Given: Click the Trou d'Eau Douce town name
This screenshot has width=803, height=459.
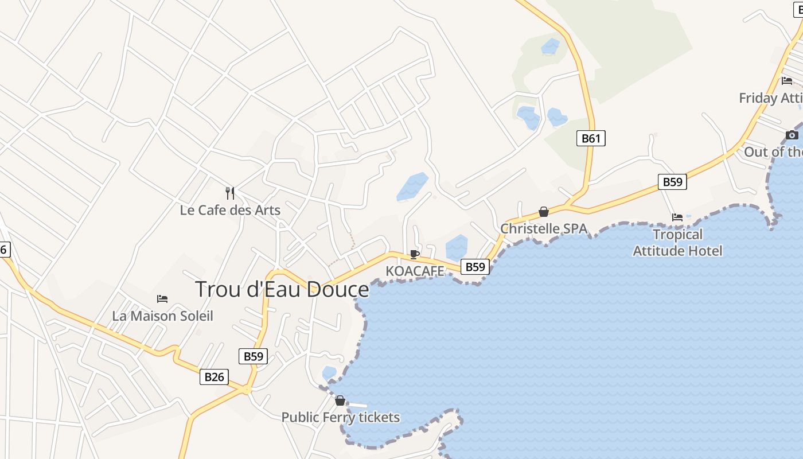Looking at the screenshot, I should pos(282,289).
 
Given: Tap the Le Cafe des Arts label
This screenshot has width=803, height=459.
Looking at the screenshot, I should pos(230,210).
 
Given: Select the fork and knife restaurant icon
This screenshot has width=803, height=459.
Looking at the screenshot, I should pos(230,193).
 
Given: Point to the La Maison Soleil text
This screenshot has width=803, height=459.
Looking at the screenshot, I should pos(162,316).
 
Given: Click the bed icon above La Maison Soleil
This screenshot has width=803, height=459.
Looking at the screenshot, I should pos(162,299).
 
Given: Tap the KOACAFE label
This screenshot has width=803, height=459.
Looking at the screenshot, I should pos(415,270).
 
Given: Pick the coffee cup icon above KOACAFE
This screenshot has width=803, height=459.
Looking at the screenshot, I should pos(415,254).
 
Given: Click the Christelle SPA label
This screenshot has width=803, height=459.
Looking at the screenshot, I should pos(544,228).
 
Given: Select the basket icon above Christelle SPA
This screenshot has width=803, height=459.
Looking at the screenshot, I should pos(544,212).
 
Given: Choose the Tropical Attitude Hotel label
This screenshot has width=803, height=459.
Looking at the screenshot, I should pos(677,242).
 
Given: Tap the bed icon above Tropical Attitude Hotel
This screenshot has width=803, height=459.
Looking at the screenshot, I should pos(677,217).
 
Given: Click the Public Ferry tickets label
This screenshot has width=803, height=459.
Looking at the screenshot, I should pos(340,417).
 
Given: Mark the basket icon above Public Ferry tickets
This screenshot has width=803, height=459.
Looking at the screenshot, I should pos(340,400).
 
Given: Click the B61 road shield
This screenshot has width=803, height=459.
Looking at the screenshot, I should pos(591,138).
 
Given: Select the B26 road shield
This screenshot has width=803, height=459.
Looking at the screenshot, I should pos(215,377).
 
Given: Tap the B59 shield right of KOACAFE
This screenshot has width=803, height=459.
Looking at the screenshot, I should pos(475,266).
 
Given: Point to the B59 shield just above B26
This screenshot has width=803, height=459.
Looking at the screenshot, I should pos(254,356).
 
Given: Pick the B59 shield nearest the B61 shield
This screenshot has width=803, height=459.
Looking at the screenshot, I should pos(672,182).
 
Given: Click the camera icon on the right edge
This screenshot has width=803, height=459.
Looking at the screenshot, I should pos(792,135).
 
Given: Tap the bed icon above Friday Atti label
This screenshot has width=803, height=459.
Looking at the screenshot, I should pos(787,81).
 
